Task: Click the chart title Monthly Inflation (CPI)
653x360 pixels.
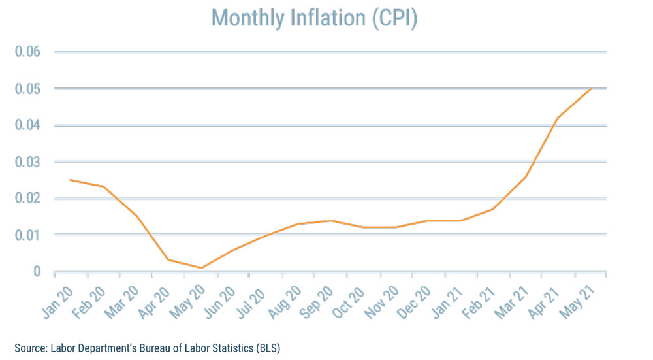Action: [x=315, y=18]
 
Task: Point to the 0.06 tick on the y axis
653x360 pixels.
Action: [x=27, y=52]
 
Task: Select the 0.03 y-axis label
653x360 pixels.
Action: [x=27, y=161]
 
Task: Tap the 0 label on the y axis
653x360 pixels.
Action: [x=37, y=271]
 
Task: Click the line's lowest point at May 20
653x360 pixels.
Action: [x=201, y=268]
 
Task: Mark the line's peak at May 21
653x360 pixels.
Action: [x=591, y=88]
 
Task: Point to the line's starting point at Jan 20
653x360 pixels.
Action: [x=71, y=180]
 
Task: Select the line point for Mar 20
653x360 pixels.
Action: [x=136, y=216]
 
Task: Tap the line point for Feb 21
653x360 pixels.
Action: [x=493, y=209]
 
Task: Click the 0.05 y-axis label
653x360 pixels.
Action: [x=27, y=88]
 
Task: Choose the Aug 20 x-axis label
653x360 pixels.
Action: [x=285, y=298]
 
